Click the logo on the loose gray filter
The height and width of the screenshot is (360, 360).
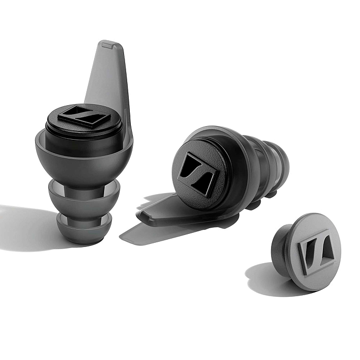(x=314, y=251)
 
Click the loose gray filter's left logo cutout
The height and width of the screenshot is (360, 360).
(x=306, y=253)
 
